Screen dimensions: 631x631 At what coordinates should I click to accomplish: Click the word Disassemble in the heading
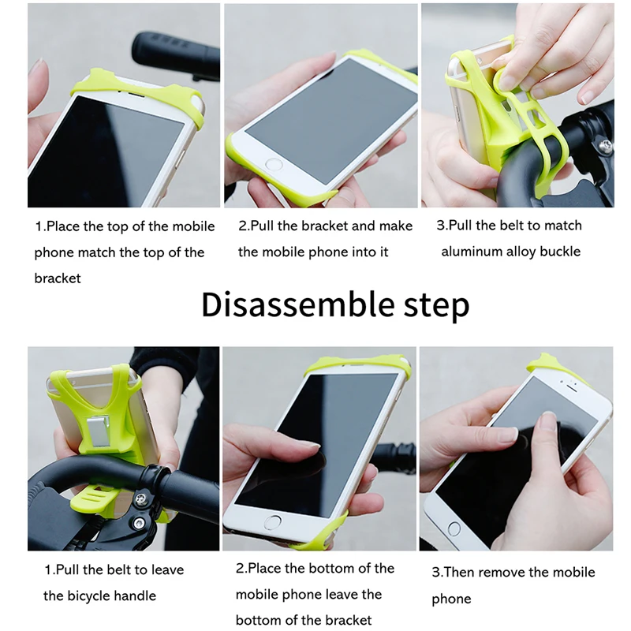[x=298, y=304]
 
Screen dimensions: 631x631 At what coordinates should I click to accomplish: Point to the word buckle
[x=560, y=252]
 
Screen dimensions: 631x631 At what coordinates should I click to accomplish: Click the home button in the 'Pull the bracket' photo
[x=274, y=165]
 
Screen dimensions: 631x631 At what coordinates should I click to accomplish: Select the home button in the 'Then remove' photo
[x=454, y=528]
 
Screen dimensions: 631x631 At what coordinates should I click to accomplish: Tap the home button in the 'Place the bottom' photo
[x=273, y=522]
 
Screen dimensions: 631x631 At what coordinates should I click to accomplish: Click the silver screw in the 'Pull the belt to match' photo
[x=604, y=145]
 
